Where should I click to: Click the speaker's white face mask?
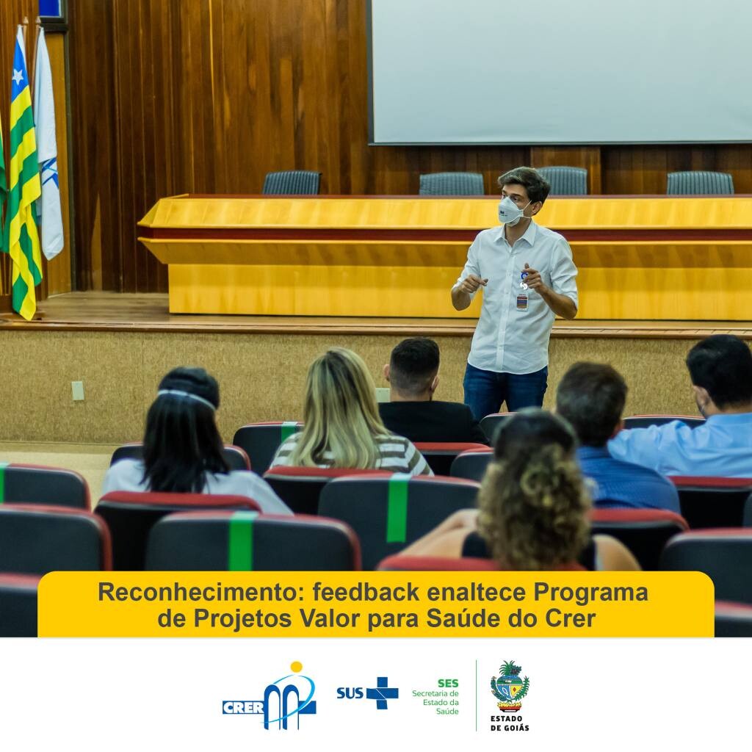(512, 211)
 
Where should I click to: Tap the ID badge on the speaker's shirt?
(522, 302)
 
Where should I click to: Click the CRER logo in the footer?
(269, 697)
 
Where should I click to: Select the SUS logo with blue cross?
(367, 693)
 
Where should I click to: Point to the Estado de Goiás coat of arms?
(510, 687)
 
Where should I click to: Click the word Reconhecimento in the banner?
(200, 593)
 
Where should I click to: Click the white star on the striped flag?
(18, 76)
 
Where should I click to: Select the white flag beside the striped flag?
(48, 144)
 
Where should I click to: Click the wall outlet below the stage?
(78, 391)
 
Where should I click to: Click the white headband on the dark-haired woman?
(187, 397)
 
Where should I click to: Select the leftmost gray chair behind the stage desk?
(292, 183)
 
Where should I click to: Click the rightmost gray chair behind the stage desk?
(700, 183)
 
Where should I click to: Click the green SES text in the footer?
(448, 683)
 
